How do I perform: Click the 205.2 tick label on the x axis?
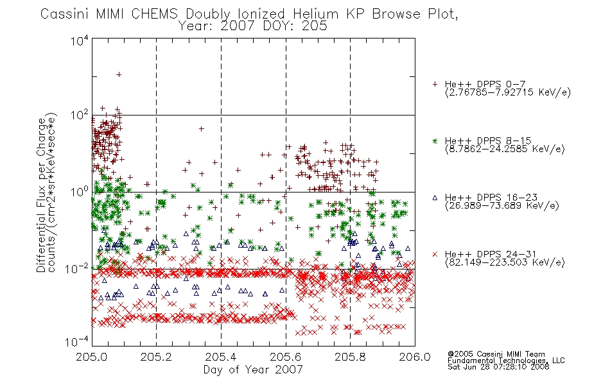click(x=157, y=357)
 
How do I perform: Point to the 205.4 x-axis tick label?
click(x=221, y=357)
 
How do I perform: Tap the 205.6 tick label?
click(x=286, y=357)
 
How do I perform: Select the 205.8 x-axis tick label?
click(x=350, y=357)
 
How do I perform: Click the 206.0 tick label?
click(x=415, y=357)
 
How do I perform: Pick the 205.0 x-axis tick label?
click(x=92, y=357)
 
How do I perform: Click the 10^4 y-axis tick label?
click(x=80, y=40)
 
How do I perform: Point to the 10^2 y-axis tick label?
click(x=80, y=116)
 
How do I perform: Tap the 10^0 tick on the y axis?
click(x=80, y=192)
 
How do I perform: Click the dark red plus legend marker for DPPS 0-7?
click(x=435, y=84)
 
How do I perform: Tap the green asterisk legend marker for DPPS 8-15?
click(x=435, y=141)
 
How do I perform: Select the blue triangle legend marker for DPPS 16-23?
click(x=435, y=198)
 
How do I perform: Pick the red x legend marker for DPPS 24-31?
click(x=435, y=254)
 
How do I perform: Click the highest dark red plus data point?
click(x=119, y=74)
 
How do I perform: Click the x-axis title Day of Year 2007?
click(x=253, y=370)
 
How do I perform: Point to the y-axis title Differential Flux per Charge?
click(x=41, y=195)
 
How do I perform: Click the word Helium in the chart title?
click(x=315, y=14)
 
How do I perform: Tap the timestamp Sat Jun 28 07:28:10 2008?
click(x=498, y=367)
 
